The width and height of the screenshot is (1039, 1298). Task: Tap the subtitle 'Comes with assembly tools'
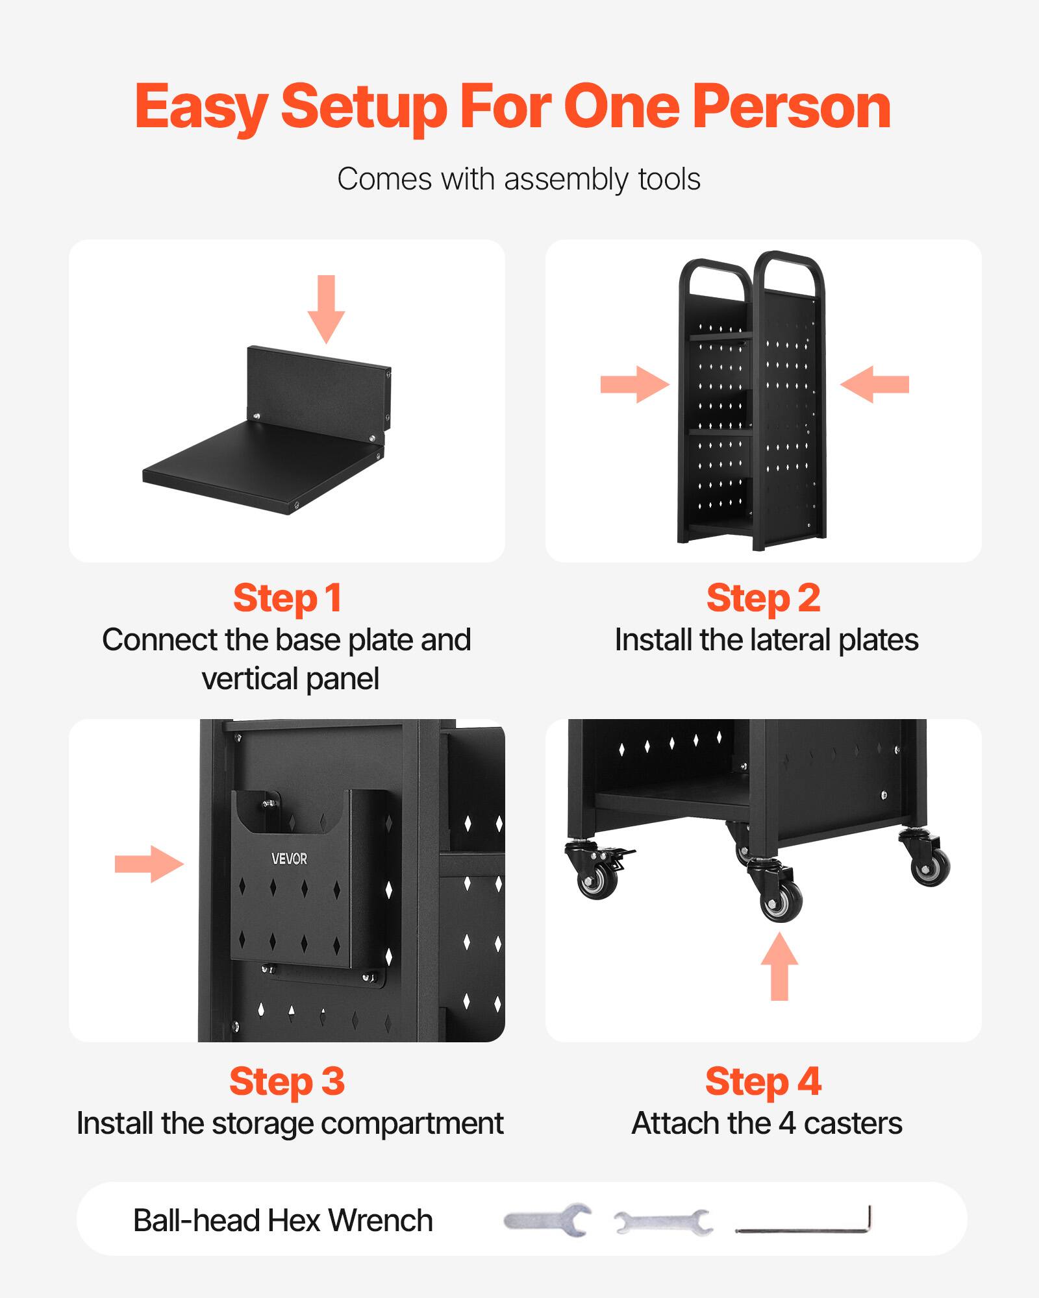click(x=519, y=179)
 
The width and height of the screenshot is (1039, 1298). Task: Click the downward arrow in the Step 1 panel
click(x=326, y=309)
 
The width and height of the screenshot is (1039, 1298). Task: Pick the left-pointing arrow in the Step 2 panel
click(x=875, y=384)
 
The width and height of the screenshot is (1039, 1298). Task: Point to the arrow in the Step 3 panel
click(x=149, y=864)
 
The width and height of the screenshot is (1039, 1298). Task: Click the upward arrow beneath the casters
click(x=779, y=967)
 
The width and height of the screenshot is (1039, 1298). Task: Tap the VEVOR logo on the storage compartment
click(x=289, y=859)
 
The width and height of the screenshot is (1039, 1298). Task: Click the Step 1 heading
click(x=287, y=598)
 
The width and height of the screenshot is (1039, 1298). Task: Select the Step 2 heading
click(x=763, y=598)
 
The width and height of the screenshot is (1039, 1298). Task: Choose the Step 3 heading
click(x=287, y=1081)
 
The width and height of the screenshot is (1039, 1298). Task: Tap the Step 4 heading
click(x=763, y=1081)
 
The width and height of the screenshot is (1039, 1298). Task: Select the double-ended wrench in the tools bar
click(x=662, y=1223)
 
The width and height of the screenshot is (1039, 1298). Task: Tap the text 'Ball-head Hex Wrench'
click(x=282, y=1221)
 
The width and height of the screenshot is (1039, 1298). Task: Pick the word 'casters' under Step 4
click(x=853, y=1123)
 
